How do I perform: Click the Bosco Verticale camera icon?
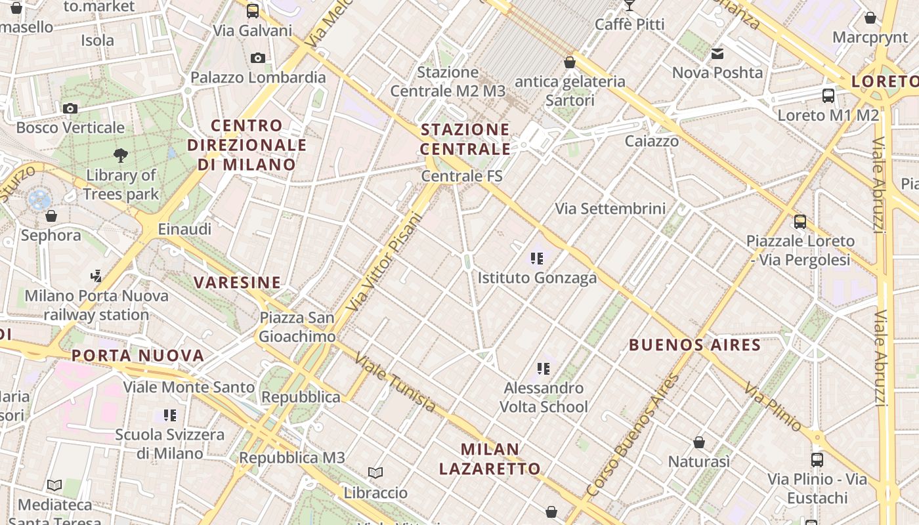(70, 108)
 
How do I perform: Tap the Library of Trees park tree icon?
(120, 156)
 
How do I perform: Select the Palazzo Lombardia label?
(258, 77)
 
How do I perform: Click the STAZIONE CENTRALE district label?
(465, 139)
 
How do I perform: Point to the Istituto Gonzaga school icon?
(538, 259)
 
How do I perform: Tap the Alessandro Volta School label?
(544, 397)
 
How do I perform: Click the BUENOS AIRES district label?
(695, 345)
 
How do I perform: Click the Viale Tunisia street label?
(395, 383)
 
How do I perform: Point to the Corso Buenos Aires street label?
(633, 435)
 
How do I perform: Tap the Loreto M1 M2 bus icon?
(828, 95)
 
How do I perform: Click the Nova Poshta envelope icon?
(717, 54)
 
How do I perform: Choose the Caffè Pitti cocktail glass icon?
(630, 5)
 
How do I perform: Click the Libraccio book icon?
(375, 472)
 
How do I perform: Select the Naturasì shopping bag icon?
(699, 442)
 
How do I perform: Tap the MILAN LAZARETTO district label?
(490, 459)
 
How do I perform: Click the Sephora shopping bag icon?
(51, 215)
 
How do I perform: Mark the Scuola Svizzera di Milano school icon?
(170, 415)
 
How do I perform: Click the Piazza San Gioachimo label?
(297, 327)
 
